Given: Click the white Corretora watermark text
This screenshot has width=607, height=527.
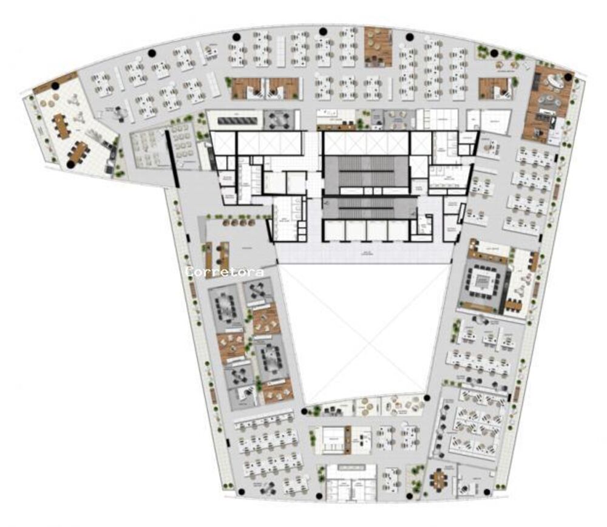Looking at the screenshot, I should click(225, 272).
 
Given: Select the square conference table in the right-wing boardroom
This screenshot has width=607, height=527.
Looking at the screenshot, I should click(483, 281).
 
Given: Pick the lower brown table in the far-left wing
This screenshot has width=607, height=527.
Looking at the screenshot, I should click(79, 151).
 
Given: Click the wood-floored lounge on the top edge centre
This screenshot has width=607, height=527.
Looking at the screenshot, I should click(378, 46).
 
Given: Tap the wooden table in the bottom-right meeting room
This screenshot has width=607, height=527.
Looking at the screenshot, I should click(439, 479).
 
